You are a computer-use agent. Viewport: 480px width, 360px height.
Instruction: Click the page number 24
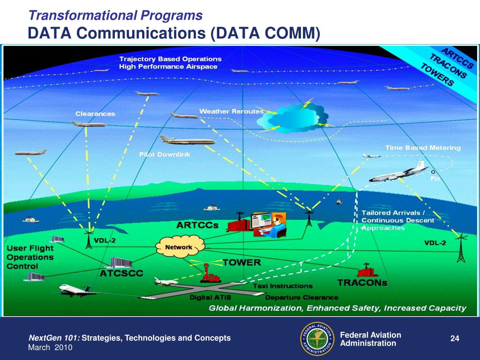(454, 339)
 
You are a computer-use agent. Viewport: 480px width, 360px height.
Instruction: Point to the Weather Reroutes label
(231, 112)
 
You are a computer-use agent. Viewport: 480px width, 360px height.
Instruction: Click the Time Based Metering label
(423, 148)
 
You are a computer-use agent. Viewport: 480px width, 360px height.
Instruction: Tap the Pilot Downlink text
(165, 155)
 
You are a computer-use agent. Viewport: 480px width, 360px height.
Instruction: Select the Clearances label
(95, 114)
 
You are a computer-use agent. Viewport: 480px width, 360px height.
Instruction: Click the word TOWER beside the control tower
(241, 262)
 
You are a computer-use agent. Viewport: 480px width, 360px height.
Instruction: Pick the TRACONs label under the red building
(362, 283)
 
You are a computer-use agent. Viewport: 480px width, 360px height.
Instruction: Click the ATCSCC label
(121, 273)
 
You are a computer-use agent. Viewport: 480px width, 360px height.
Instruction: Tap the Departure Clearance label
(301, 297)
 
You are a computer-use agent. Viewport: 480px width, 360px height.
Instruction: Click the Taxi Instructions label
(283, 285)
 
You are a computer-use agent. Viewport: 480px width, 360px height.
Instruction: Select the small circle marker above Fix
(433, 171)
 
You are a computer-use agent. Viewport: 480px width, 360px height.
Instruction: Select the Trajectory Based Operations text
(170, 59)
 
